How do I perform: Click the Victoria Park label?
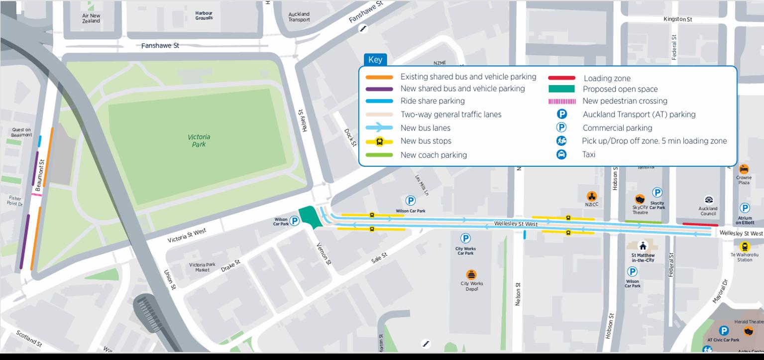(199, 140)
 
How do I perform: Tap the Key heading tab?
(375, 60)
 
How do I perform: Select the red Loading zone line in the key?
(561, 78)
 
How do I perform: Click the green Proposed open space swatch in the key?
(561, 89)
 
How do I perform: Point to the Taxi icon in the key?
(561, 154)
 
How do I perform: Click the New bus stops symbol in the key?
(380, 141)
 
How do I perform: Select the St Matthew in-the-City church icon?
(643, 246)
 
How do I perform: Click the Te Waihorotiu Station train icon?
(744, 246)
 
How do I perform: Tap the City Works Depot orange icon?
(471, 274)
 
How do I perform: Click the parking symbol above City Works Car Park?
(465, 239)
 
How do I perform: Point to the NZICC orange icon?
(591, 196)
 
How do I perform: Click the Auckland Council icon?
(708, 200)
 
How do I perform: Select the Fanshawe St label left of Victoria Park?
(160, 46)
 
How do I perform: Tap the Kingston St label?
(677, 19)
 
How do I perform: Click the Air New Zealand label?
(91, 18)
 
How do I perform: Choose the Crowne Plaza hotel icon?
(744, 169)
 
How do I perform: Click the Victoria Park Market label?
(203, 267)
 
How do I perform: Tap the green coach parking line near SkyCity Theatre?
(643, 222)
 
